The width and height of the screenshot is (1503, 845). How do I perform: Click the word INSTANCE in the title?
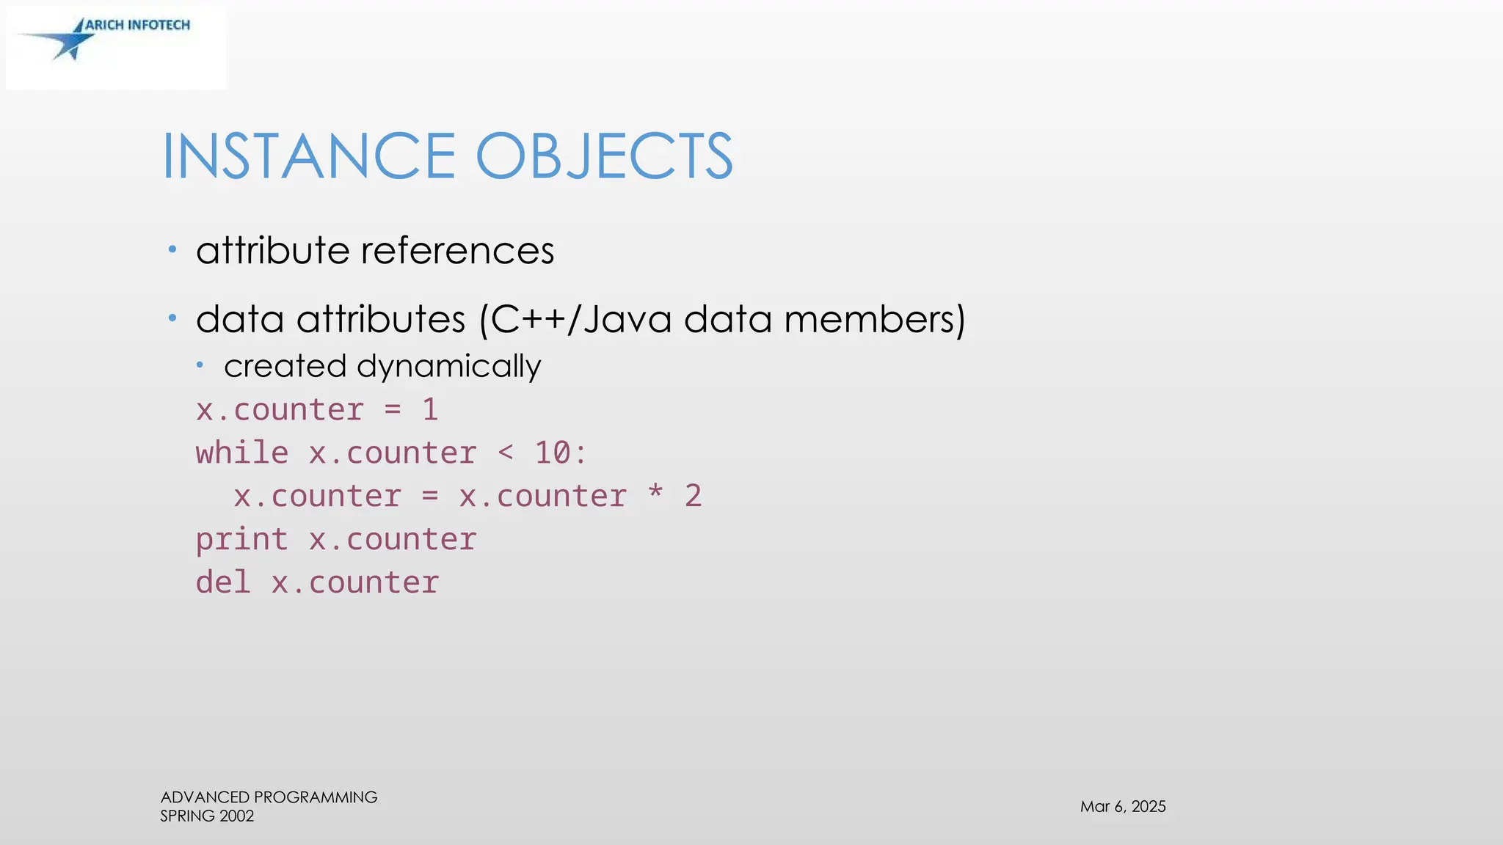309,156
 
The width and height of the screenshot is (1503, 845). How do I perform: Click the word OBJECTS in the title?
604,156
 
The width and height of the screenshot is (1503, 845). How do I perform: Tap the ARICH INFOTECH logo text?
138,25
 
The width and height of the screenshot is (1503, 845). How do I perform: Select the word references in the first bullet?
458,251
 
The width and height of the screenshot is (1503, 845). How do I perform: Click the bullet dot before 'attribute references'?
172,249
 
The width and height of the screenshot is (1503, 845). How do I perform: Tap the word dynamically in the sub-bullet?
448,366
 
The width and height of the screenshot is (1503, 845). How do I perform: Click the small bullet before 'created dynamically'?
200,365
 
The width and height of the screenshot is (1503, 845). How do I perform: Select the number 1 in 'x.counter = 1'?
431,410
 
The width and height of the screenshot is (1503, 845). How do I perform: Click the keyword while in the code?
242,453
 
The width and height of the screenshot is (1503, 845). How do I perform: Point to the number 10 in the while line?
553,453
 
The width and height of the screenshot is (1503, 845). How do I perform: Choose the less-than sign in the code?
506,453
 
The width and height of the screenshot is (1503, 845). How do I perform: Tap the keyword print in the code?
242,540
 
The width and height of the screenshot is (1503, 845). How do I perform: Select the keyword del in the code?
223,583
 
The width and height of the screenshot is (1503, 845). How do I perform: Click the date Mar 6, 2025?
1123,807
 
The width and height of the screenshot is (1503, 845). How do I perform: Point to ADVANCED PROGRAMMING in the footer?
269,797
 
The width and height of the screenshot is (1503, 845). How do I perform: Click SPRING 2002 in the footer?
207,816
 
